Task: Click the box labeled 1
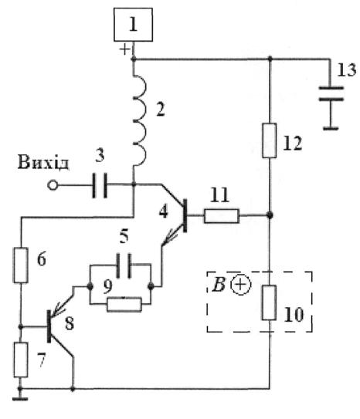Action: click(133, 25)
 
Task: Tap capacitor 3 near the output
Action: click(100, 185)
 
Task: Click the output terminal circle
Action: click(53, 185)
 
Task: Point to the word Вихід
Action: click(42, 162)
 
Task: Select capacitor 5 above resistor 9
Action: click(124, 266)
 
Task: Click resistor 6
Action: click(21, 265)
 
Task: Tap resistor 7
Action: click(21, 360)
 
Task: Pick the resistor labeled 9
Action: click(124, 304)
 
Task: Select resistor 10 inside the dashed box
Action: click(269, 302)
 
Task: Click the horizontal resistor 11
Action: click(221, 216)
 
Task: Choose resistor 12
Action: click(270, 140)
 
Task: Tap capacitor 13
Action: click(331, 93)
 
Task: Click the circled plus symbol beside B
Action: click(241, 285)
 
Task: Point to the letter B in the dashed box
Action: click(219, 284)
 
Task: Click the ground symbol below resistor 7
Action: click(20, 399)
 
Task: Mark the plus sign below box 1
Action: click(125, 49)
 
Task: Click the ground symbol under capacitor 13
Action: click(331, 129)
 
